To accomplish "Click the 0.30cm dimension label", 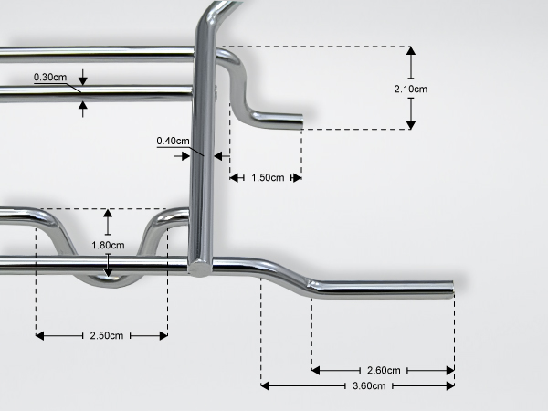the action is [x=50, y=77].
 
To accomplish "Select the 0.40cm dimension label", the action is [x=173, y=141].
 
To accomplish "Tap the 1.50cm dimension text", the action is [x=268, y=177].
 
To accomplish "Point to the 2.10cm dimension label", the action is [x=411, y=90].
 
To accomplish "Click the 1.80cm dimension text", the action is [x=108, y=245].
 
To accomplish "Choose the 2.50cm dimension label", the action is [x=107, y=335].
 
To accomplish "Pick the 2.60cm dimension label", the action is [x=384, y=370].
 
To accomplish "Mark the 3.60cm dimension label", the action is [x=369, y=385].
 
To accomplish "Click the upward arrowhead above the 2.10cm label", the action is [x=411, y=50].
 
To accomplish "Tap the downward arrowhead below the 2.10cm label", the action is [x=411, y=125].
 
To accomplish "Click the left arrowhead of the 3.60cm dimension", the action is [x=265, y=385].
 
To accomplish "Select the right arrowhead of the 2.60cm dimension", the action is [x=450, y=371].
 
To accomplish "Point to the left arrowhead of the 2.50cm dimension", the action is [x=40, y=336].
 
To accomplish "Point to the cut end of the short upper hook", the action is [x=301, y=121].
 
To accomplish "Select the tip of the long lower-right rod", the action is [x=452, y=290].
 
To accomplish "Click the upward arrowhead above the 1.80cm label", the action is [x=108, y=213].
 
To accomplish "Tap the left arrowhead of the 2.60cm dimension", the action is [x=316, y=371].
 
